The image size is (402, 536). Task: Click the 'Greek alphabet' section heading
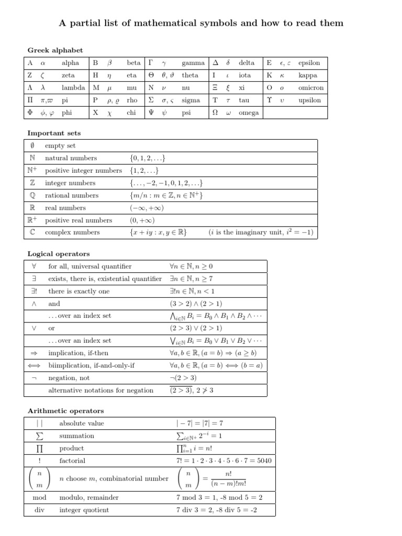pyautogui.click(x=55, y=50)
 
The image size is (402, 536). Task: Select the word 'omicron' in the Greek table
pyautogui.click(x=310, y=88)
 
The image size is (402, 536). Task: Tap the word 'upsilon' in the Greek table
pyautogui.click(x=309, y=100)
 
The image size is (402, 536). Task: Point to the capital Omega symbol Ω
pyautogui.click(x=215, y=113)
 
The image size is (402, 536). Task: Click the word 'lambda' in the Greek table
pyautogui.click(x=73, y=88)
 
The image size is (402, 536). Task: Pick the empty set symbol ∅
pyautogui.click(x=32, y=146)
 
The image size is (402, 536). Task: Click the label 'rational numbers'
pyautogui.click(x=72, y=195)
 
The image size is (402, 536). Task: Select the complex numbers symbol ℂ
pyautogui.click(x=32, y=232)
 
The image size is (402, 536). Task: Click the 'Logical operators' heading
pyautogui.click(x=59, y=254)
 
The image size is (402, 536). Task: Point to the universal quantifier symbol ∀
pyautogui.click(x=34, y=266)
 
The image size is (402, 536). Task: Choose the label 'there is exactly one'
pyautogui.click(x=79, y=291)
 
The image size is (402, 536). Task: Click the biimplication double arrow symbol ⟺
pyautogui.click(x=34, y=365)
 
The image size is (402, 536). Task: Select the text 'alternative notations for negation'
pyautogui.click(x=100, y=390)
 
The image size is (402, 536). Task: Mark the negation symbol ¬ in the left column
pyautogui.click(x=34, y=378)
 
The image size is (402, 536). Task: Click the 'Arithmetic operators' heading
pyautogui.click(x=65, y=411)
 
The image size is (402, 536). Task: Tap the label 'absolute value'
pyautogui.click(x=82, y=423)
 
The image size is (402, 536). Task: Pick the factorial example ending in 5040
pyautogui.click(x=224, y=461)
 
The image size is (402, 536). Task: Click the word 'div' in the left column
pyautogui.click(x=39, y=510)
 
